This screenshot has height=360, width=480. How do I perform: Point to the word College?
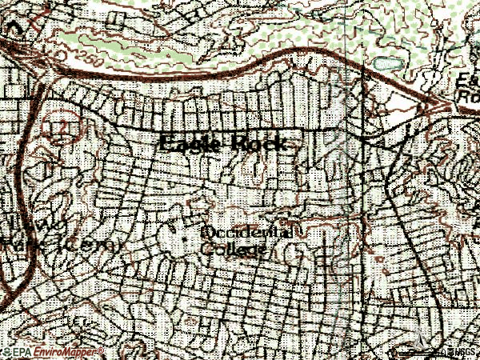[x=233, y=250]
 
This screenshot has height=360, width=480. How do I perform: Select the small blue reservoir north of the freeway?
[x=386, y=62]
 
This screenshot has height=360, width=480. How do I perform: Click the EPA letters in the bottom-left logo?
[x=20, y=351]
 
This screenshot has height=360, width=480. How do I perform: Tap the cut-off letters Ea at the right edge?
[x=471, y=78]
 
